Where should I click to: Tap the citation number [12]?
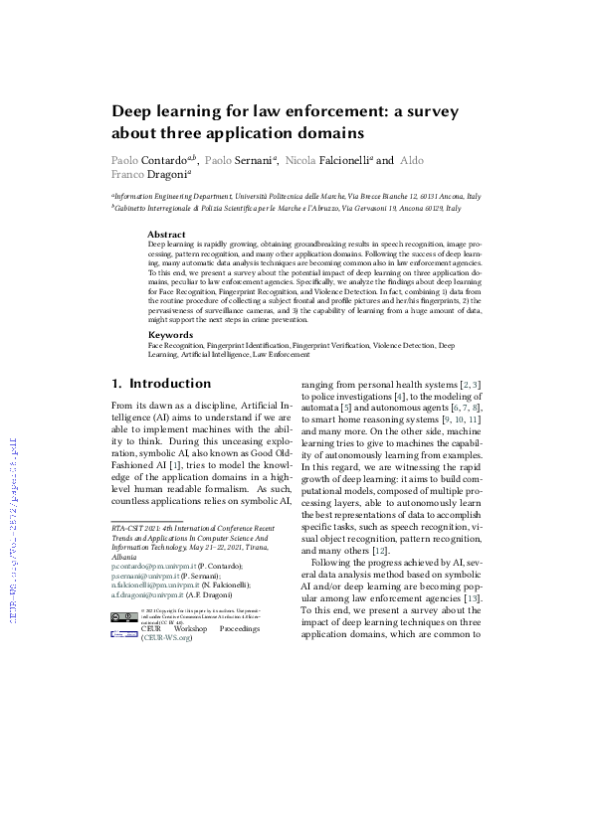[407, 549]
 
